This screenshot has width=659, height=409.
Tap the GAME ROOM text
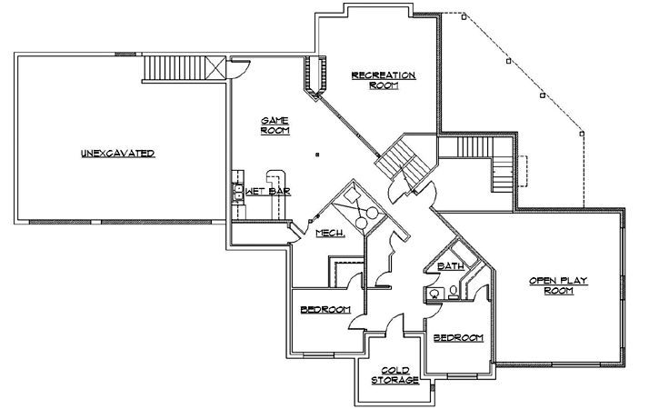click(275, 125)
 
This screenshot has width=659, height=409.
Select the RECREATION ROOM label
click(384, 80)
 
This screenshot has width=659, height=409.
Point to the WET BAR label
click(267, 193)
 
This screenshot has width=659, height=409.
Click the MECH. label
click(329, 234)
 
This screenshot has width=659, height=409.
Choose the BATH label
click(451, 266)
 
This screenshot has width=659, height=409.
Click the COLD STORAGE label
click(394, 374)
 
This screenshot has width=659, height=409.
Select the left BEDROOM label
click(325, 310)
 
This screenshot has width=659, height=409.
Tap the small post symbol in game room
click(315, 155)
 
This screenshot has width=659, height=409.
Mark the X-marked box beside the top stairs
click(216, 67)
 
